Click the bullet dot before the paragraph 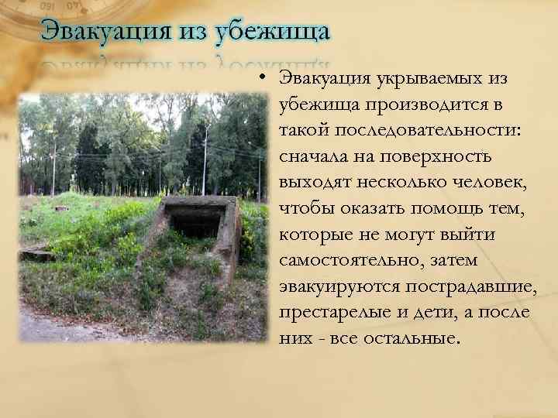[x=263, y=79]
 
